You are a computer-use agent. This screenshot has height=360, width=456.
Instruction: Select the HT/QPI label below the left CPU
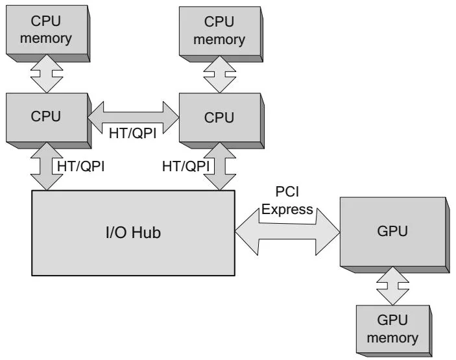click(x=81, y=166)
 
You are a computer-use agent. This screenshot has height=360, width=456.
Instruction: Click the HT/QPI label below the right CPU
click(x=186, y=166)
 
